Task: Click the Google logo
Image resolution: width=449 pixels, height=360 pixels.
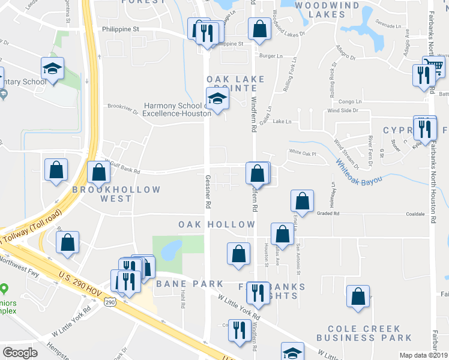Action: coord(19,353)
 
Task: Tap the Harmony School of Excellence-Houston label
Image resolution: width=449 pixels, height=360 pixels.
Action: coord(174,109)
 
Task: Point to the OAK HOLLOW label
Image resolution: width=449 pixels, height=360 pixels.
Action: coord(217,224)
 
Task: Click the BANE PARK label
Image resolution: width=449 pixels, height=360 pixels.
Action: coord(190,283)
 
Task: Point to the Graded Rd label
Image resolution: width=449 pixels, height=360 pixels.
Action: coord(328,212)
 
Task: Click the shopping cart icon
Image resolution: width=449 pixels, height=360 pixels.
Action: coord(434,66)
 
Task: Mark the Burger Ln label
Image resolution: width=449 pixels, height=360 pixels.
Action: coord(271,56)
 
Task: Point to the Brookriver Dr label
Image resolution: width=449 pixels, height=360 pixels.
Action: coord(123,107)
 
